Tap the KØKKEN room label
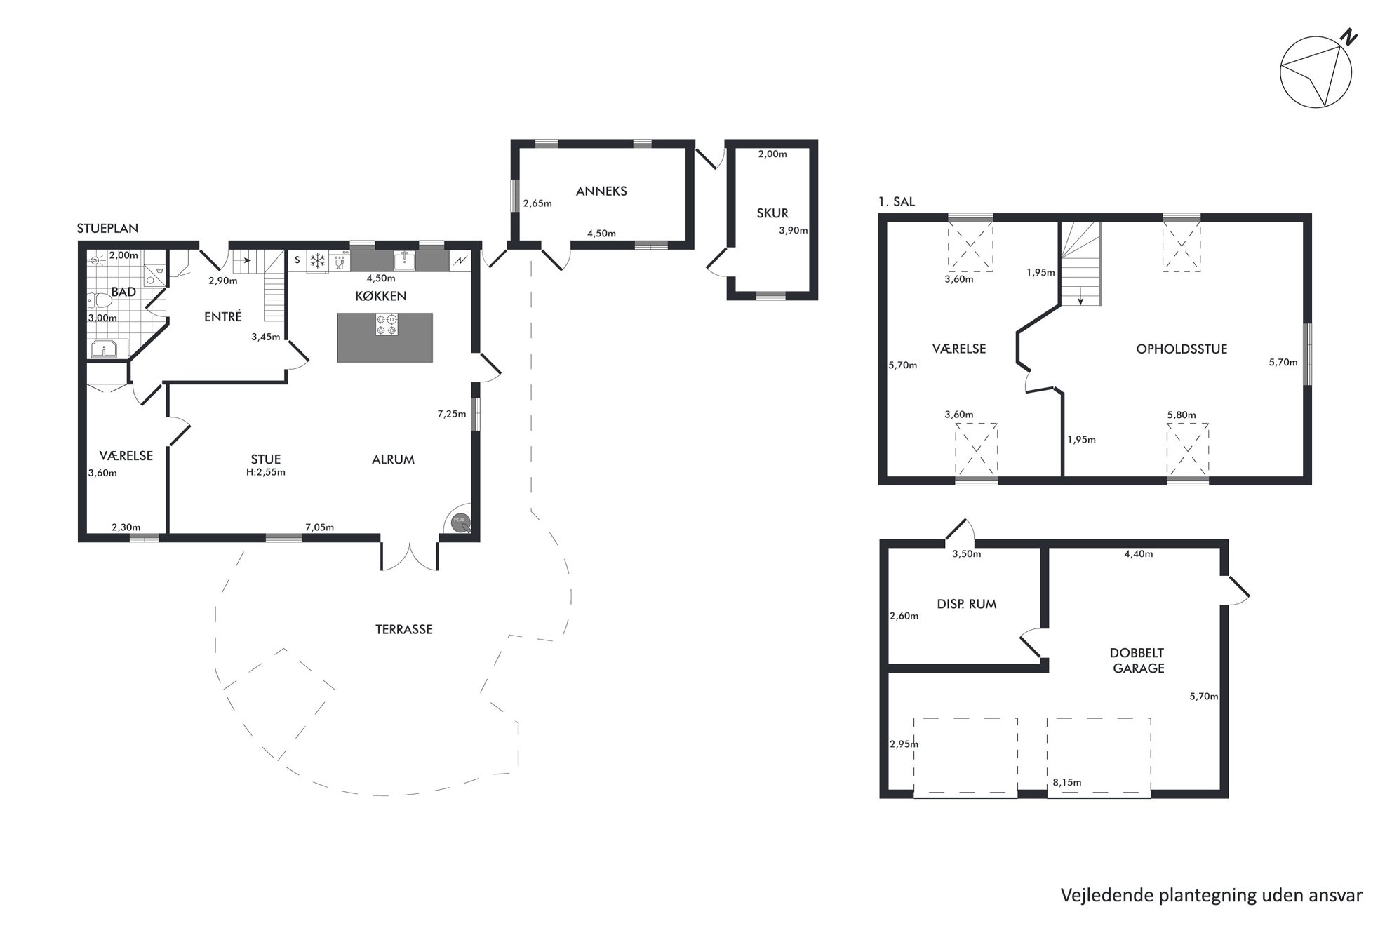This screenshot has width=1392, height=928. (381, 296)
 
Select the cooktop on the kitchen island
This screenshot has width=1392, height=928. (386, 323)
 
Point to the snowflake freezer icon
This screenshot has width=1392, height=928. (319, 261)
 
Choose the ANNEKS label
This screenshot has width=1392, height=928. (601, 191)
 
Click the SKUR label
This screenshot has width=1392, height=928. (772, 213)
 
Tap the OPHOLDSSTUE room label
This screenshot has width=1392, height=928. (1182, 349)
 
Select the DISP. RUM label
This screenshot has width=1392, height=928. (966, 604)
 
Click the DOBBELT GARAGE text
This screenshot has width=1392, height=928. (1137, 661)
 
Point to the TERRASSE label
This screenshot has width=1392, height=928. (403, 629)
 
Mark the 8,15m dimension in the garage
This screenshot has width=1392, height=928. (1066, 782)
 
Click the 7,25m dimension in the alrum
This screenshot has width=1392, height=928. (451, 414)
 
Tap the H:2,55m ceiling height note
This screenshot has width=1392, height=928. (265, 472)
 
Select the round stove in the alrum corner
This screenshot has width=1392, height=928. (460, 522)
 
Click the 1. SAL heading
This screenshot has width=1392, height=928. (897, 202)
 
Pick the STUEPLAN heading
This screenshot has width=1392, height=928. (107, 228)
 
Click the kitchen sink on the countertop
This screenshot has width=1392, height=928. (404, 260)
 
